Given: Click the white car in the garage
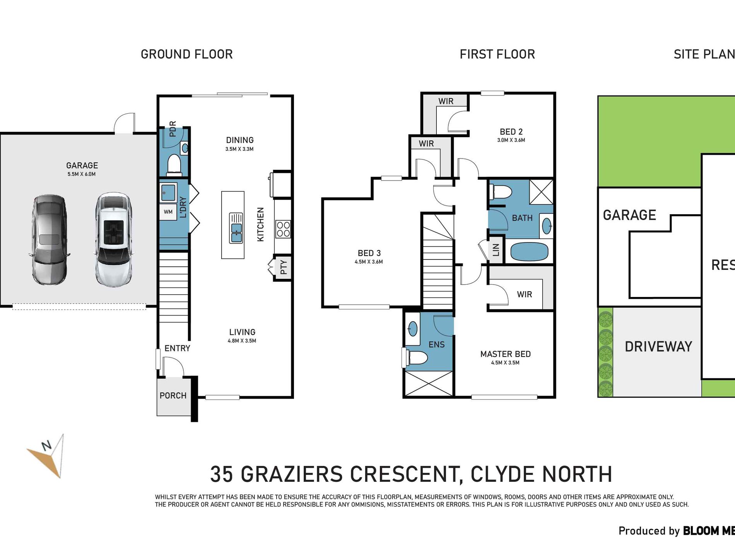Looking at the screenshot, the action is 113,240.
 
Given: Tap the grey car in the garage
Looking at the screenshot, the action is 49,240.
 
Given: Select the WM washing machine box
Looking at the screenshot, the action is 168,212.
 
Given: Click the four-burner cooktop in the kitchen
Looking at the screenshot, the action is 283,229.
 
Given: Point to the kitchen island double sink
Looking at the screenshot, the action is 236,228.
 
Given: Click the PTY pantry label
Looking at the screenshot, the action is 284,267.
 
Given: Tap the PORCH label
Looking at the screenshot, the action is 173,396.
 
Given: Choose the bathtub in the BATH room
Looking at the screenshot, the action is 529,252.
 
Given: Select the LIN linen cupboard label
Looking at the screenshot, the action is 496,250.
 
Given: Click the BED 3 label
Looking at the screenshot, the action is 369,253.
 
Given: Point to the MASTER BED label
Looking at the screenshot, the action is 505,354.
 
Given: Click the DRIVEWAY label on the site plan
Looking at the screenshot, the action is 658,346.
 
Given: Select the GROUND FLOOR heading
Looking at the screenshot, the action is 187,54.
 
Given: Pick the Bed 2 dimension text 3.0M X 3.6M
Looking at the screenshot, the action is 511,140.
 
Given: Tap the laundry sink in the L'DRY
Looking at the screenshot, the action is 168,192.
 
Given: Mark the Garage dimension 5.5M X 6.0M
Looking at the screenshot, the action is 82,174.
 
